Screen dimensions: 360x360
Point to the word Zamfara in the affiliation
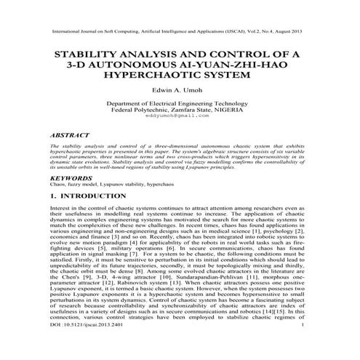[188, 110]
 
